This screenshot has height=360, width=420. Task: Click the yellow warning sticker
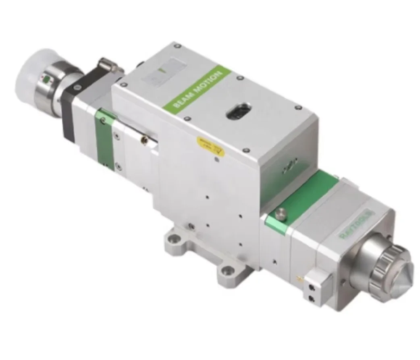pos(209,146)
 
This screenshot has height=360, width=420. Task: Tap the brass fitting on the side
pos(141,140)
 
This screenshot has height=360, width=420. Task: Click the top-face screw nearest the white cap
pos(124,84)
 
